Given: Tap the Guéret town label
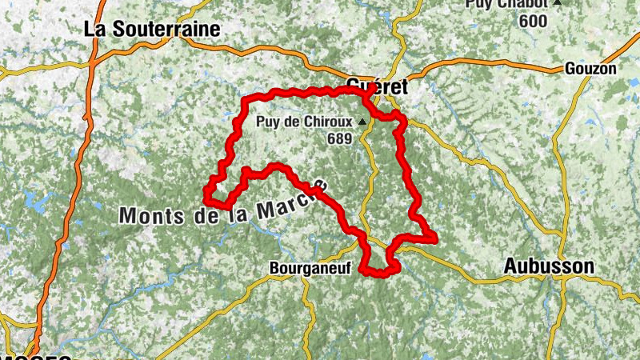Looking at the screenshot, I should tap(378, 86).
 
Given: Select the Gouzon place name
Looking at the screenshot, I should tap(590, 69).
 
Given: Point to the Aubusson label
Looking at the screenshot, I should tap(549, 266).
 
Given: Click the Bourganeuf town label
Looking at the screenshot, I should tap(311, 269).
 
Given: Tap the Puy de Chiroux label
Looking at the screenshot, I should tap(305, 123).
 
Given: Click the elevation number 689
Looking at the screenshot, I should tap(339, 138).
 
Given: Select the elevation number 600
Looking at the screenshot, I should tap(532, 21).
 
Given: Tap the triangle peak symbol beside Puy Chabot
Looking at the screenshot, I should tap(557, 3).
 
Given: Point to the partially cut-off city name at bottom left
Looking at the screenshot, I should tap(36, 355).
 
